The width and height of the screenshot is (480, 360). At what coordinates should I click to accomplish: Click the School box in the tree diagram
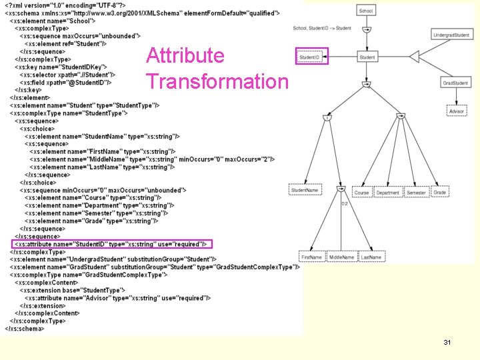366,11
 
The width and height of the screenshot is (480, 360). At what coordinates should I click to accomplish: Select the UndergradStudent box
451,34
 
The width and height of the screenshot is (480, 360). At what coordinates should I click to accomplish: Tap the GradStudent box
455,83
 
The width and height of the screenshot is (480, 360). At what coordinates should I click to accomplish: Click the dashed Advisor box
457,111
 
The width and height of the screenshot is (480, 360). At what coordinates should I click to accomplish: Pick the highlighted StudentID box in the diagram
311,57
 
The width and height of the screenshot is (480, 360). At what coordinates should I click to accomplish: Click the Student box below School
367,57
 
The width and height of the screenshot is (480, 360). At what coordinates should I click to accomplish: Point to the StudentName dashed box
305,191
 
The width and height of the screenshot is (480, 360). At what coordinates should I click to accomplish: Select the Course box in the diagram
361,193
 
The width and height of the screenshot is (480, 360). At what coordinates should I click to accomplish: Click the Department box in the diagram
387,193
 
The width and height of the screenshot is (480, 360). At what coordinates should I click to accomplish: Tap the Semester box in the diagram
416,193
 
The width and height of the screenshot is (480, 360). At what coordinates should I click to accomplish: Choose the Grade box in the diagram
439,193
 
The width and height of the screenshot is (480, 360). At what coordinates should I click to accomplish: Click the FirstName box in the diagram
311,257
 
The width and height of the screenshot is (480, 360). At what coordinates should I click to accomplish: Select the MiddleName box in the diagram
341,257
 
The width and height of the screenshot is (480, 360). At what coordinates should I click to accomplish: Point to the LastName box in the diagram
371,257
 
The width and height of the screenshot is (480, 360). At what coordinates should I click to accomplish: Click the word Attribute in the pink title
185,55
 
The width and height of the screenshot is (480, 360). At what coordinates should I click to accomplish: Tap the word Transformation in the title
217,81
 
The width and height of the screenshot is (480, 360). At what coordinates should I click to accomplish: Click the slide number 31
447,342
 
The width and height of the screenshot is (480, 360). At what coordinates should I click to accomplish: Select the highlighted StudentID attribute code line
112,244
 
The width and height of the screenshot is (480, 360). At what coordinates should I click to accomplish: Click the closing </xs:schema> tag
24,328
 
